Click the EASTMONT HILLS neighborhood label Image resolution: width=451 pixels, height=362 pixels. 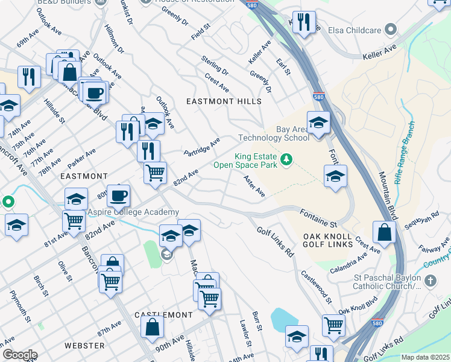pos(224,102)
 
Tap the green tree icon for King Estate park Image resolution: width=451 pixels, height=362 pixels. pos(288,159)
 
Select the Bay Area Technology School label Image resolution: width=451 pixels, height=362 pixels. pos(275,133)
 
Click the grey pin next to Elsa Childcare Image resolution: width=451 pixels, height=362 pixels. pos(391,29)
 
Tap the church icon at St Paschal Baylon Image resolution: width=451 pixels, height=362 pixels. pos(430,281)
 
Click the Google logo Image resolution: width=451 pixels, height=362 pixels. pos(19,355)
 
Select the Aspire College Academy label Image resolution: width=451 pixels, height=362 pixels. pos(133,212)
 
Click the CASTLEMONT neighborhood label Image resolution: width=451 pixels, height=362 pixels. pos(163,315)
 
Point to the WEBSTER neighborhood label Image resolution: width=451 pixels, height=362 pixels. pos(85,346)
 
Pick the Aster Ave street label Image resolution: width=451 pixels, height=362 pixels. pos(254,186)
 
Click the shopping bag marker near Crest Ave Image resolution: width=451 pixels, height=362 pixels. pos(384,232)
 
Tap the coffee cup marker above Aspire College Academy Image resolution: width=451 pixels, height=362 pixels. pos(119,195)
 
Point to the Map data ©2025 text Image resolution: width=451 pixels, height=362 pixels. pos(425,357)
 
